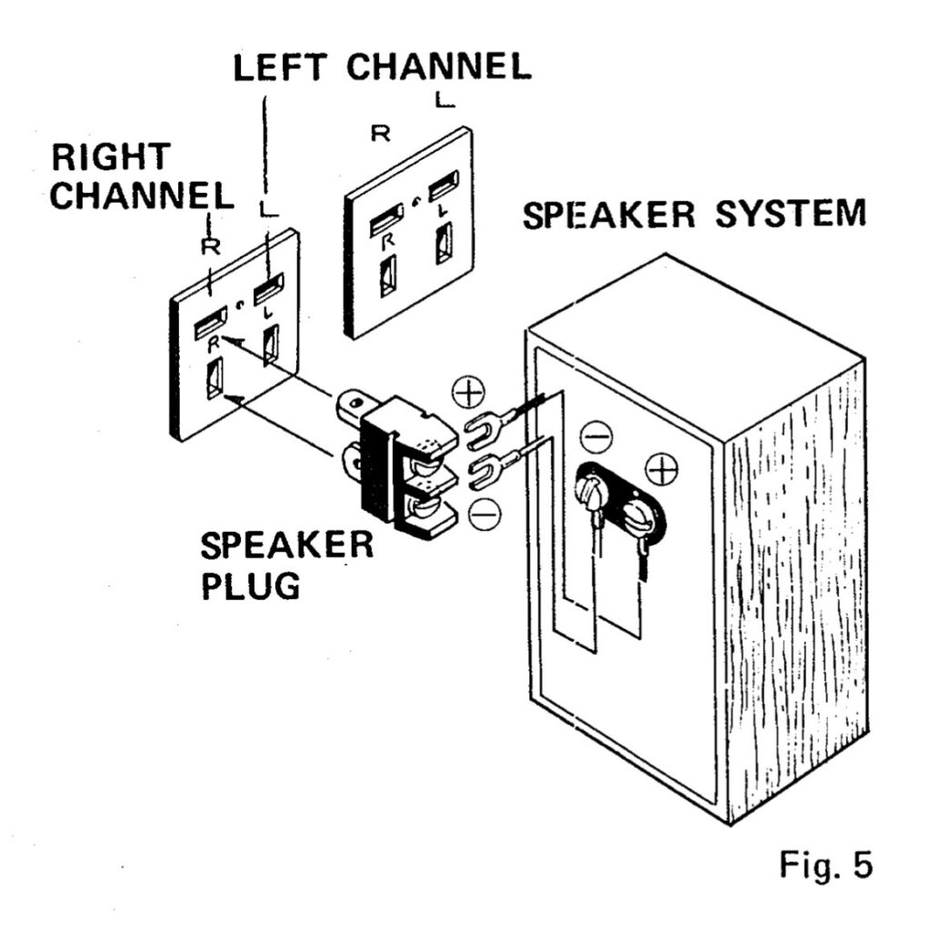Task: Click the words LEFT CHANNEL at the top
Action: (x=383, y=67)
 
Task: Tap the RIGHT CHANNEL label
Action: (x=142, y=176)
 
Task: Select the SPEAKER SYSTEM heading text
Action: (x=694, y=215)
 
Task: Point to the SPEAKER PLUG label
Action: (x=286, y=566)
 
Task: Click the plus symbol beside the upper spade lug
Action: (x=468, y=392)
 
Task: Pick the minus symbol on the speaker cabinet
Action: (x=596, y=437)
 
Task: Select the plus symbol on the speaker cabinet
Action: (x=661, y=470)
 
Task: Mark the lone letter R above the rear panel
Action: (x=381, y=134)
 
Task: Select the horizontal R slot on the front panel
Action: (x=211, y=323)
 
